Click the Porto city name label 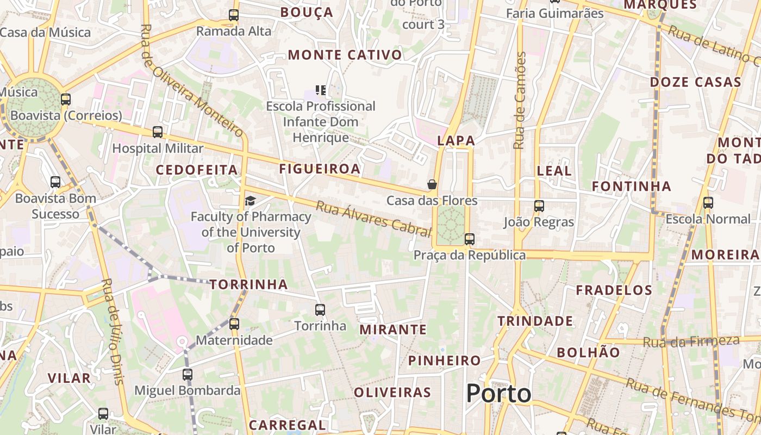(x=498, y=393)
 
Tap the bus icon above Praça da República (x=469, y=239)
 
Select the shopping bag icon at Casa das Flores (x=432, y=184)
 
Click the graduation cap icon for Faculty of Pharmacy (x=250, y=201)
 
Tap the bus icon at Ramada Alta (x=234, y=15)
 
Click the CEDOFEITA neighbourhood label (x=197, y=170)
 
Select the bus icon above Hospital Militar (x=158, y=132)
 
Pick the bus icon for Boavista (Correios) (x=66, y=100)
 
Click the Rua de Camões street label (x=520, y=101)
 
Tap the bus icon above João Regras (x=539, y=206)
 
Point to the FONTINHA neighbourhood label (x=632, y=187)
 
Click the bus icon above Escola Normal (x=708, y=203)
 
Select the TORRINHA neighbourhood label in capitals (x=248, y=284)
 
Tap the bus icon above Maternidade (x=234, y=324)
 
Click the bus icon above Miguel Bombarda (x=188, y=374)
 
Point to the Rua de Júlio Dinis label (x=113, y=332)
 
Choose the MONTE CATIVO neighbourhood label (x=345, y=55)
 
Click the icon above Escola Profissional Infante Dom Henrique (x=321, y=90)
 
